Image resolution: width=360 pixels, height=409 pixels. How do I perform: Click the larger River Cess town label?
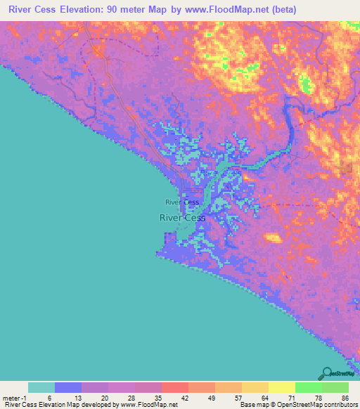(x=182, y=218)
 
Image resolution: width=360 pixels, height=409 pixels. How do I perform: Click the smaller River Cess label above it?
(x=182, y=202)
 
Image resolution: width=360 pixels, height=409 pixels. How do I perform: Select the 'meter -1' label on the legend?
(x=15, y=398)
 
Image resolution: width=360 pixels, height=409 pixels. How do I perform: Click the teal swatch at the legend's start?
(x=41, y=387)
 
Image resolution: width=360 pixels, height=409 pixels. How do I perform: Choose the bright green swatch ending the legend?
(x=335, y=387)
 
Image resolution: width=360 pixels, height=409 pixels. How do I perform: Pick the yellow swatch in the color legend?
(x=281, y=387)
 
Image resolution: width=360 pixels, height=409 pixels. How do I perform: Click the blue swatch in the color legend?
(x=68, y=387)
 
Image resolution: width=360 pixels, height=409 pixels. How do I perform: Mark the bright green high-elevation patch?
(x=305, y=86)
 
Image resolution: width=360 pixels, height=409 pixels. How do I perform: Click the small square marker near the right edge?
(x=345, y=167)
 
